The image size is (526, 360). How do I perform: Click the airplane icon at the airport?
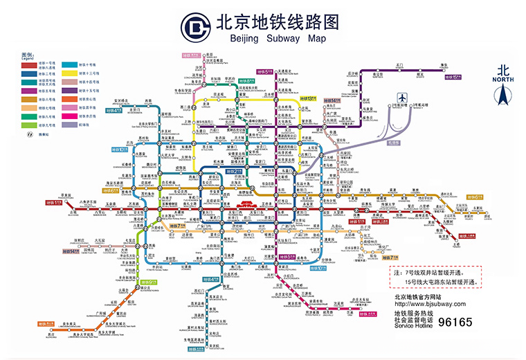coord(401,97)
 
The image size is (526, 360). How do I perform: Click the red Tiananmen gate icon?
coord(246,206)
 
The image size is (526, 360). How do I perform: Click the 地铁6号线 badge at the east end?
coord(474,197)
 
